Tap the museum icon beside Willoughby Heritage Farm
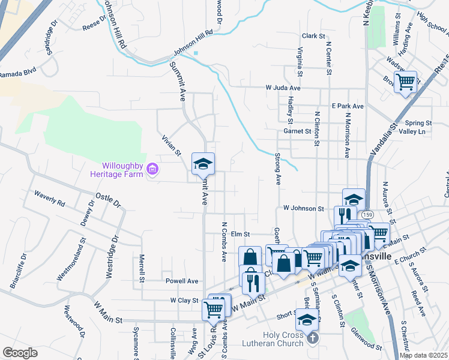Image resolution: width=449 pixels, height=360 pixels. (152, 170)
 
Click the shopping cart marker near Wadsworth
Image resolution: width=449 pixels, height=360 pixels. (405, 81)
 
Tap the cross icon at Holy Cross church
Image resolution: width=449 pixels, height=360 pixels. (312, 339)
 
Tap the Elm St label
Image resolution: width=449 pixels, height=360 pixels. (240, 234)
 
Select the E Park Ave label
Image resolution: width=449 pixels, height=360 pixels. (348, 106)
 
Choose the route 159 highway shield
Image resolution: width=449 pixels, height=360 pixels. (368, 214)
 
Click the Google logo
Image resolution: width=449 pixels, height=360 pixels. (20, 353)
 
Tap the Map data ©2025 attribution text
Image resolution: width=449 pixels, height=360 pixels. (423, 355)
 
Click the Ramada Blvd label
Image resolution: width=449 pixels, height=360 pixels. (17, 74)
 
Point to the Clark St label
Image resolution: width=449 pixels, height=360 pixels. (313, 36)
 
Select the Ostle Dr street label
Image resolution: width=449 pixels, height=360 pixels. (109, 200)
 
